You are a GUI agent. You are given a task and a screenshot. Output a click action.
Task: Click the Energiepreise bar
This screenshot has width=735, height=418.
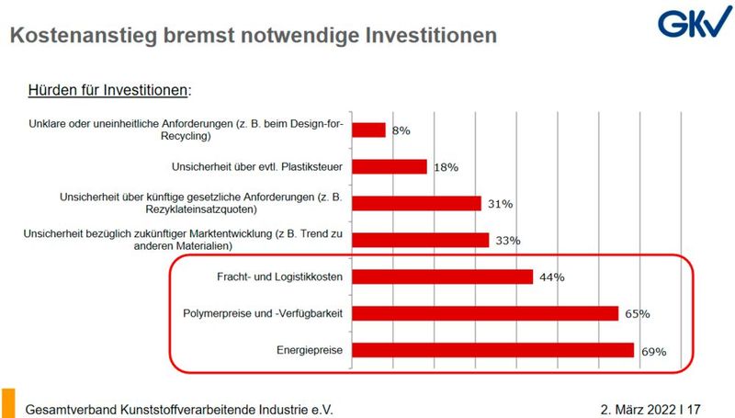[492, 350]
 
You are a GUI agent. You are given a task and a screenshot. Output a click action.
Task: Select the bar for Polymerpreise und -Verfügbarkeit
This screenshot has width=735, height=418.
[484, 313]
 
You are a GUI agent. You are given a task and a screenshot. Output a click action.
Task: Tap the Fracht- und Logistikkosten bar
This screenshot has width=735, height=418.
[442, 277]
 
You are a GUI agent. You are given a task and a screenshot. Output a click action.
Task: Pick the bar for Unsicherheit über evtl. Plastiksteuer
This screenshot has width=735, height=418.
[390, 166]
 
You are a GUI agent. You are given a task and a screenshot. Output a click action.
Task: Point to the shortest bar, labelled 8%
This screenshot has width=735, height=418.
[368, 130]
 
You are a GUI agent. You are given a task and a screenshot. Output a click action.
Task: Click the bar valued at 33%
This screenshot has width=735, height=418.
[420, 240]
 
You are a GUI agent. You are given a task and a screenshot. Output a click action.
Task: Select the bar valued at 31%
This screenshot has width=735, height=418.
[416, 203]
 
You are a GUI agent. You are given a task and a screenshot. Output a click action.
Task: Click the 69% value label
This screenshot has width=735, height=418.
[652, 351]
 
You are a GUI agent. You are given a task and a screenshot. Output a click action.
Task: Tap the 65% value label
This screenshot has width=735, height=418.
[637, 314]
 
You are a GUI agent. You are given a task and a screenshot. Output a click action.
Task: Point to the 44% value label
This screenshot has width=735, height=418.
[551, 277]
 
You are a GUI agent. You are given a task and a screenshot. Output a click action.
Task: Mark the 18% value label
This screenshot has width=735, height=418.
[446, 167]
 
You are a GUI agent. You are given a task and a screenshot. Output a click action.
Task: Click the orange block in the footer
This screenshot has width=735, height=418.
[8, 403]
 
